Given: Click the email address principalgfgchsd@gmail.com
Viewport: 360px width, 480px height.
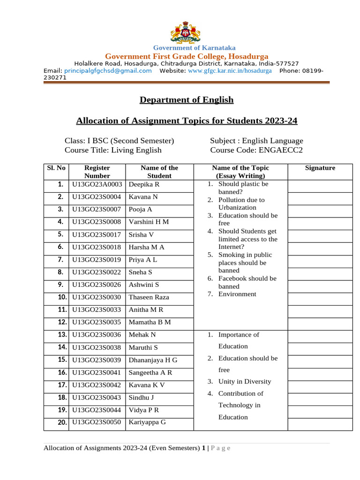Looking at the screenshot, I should [x=108, y=71].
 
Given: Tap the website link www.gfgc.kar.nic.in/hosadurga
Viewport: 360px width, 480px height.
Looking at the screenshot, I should [x=230, y=71].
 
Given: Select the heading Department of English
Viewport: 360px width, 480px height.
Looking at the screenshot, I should [x=187, y=100].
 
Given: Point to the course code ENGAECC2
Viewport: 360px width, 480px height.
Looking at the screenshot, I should [x=276, y=150].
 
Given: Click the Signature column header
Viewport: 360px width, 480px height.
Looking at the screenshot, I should [x=320, y=168].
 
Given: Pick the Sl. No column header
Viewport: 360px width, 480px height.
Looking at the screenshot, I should [x=56, y=168].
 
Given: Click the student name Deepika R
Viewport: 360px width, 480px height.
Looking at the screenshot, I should [x=144, y=185].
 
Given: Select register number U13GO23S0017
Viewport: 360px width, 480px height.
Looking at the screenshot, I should [x=97, y=234].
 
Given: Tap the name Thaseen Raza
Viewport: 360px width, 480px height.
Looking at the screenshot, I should [x=149, y=297].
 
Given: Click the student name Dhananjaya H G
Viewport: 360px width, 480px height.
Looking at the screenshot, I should [x=153, y=360].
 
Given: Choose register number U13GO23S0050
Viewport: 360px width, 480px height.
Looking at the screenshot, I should [x=97, y=422].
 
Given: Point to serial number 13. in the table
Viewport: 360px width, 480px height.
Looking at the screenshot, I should [x=61, y=335].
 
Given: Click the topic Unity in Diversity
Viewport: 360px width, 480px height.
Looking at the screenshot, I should [x=244, y=382].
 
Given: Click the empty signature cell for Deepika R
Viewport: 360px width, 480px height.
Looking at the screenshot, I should [x=320, y=186].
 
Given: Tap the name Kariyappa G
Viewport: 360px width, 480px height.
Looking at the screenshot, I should [x=147, y=422].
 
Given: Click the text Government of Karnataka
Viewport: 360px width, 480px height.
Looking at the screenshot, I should [x=195, y=48].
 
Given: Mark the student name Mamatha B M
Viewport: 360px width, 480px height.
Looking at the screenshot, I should [x=150, y=322].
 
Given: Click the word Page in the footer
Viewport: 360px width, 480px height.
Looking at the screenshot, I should [x=221, y=448].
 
